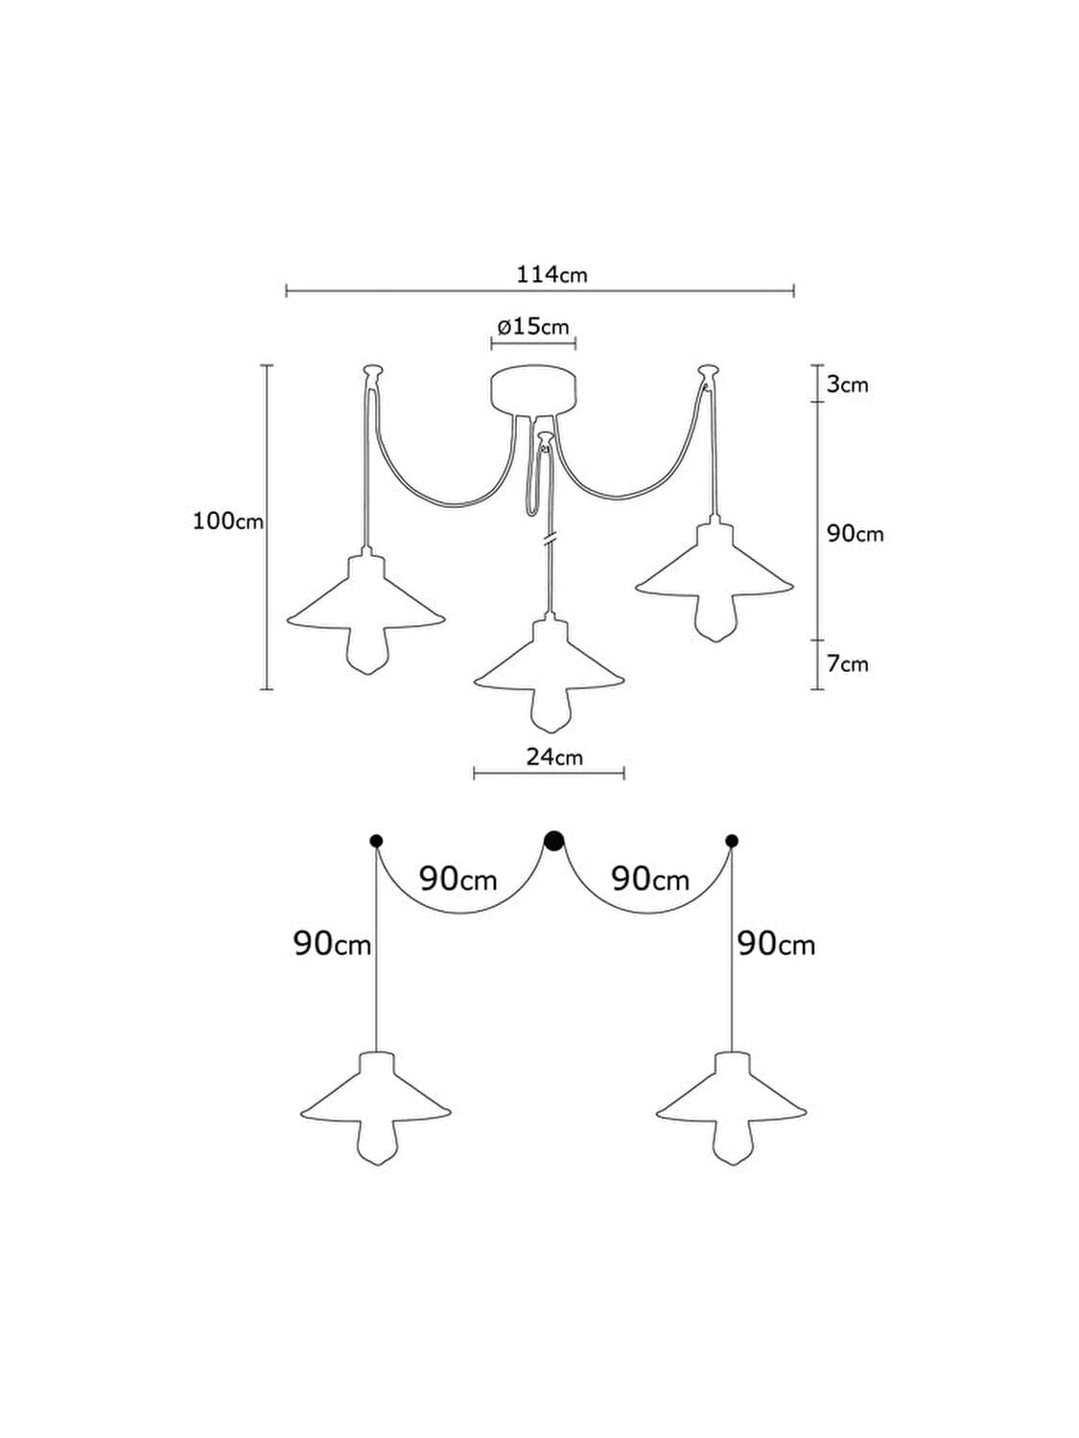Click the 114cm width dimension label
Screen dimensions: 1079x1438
tap(551, 274)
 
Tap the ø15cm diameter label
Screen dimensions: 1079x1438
tap(532, 326)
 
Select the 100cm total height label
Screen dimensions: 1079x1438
tap(228, 522)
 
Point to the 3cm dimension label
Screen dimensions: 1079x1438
tap(847, 383)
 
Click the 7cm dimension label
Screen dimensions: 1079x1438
tap(847, 664)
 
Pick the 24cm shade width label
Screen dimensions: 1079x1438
tap(554, 757)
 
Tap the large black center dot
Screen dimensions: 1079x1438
tap(554, 841)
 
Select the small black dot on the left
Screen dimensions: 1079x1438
tap(376, 841)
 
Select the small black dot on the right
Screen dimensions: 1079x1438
tap(732, 841)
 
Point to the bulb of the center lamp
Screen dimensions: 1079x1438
tap(549, 710)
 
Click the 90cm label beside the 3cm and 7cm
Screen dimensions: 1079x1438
tap(855, 534)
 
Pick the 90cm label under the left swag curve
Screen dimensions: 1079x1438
tap(457, 880)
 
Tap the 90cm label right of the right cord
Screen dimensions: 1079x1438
tap(776, 944)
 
